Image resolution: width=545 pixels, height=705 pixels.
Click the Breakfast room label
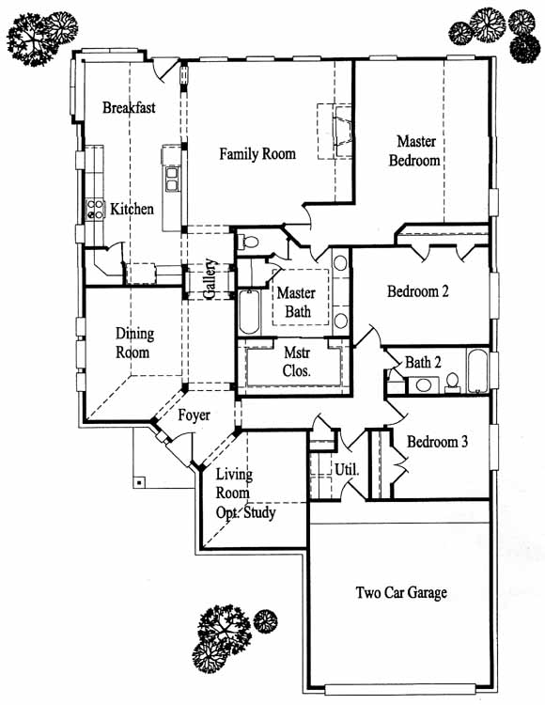[x=129, y=107]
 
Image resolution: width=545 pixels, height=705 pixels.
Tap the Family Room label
[x=257, y=154]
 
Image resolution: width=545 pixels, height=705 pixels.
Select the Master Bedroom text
[x=414, y=151]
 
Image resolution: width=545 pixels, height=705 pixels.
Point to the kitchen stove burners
[x=95, y=210]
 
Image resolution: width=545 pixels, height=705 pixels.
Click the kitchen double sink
[x=172, y=179]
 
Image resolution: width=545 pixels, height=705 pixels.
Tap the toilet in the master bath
[x=248, y=242]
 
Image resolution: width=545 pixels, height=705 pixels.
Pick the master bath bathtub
[x=249, y=312]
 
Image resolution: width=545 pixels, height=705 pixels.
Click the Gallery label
[x=210, y=279]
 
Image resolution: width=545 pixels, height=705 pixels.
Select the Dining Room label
[x=133, y=342]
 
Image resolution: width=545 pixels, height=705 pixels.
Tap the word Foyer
[x=195, y=415]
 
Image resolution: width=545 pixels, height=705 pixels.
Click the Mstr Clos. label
[x=297, y=362]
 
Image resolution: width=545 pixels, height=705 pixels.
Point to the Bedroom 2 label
[x=418, y=291]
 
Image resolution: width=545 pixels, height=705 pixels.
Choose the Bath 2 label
[x=423, y=363]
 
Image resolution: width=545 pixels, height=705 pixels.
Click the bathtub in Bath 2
[x=476, y=371]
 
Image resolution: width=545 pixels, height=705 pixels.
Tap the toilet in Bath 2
[x=452, y=382]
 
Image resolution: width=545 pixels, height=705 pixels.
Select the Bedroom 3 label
[x=437, y=442]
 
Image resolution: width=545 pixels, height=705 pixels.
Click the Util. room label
[x=347, y=470]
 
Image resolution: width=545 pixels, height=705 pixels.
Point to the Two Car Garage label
[x=401, y=592]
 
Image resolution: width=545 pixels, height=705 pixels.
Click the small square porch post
[x=140, y=482]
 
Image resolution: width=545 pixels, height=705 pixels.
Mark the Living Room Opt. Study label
[x=245, y=493]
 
